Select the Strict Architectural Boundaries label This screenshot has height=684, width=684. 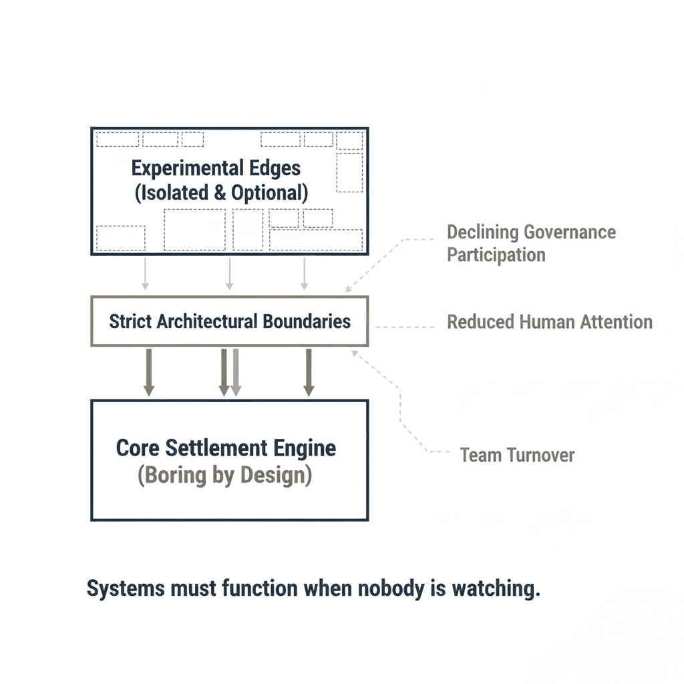[x=230, y=321]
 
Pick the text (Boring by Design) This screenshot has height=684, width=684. [x=224, y=478]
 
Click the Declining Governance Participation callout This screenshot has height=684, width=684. [x=531, y=243]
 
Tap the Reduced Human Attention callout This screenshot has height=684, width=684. [x=549, y=322]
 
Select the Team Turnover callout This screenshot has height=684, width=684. [x=517, y=456]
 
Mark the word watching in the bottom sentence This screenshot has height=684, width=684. [x=495, y=589]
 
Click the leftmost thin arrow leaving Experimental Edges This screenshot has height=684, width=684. [x=146, y=273]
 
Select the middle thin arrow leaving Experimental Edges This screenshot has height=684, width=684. [x=230, y=273]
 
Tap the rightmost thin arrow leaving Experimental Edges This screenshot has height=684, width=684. [x=305, y=273]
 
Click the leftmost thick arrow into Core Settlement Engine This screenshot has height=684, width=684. [x=149, y=371]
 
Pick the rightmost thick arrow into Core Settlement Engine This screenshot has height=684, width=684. [x=309, y=371]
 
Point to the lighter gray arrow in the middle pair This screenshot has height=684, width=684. [x=235, y=371]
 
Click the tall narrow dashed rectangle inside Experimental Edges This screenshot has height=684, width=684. [x=349, y=172]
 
